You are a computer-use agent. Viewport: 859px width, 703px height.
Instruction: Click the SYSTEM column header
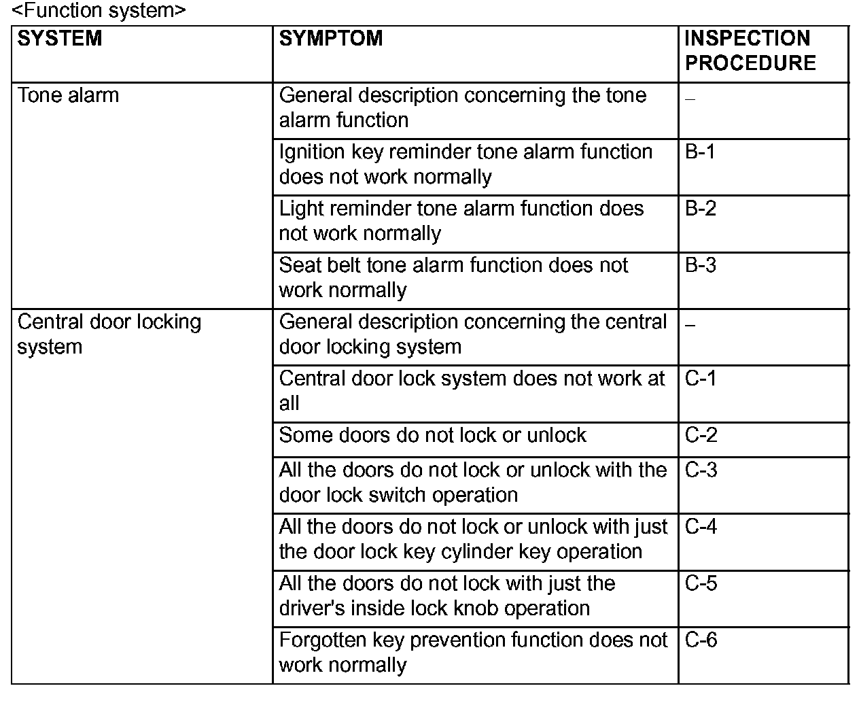[60, 38]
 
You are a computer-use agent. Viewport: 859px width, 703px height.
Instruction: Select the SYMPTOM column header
[331, 38]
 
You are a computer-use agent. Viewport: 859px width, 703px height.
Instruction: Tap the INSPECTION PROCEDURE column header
[750, 50]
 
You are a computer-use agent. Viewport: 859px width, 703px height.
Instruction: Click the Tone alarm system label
[68, 95]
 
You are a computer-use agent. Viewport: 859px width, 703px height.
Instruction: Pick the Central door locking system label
[109, 334]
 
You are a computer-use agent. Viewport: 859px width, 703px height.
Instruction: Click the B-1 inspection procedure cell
[700, 152]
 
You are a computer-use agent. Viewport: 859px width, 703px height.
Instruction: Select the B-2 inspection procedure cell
[701, 208]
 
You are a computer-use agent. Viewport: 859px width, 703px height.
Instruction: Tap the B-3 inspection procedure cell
[701, 264]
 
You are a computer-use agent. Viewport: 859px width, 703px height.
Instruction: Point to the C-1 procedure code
[701, 378]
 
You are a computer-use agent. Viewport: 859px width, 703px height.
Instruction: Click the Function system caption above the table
[99, 11]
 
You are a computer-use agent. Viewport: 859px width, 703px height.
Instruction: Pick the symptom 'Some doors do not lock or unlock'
[432, 435]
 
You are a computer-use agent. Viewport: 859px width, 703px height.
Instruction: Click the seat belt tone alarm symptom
[453, 277]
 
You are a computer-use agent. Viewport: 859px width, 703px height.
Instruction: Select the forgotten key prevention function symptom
[473, 652]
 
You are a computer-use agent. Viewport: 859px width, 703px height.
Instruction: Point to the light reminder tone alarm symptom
[461, 220]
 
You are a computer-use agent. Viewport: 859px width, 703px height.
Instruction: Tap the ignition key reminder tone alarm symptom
[466, 164]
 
